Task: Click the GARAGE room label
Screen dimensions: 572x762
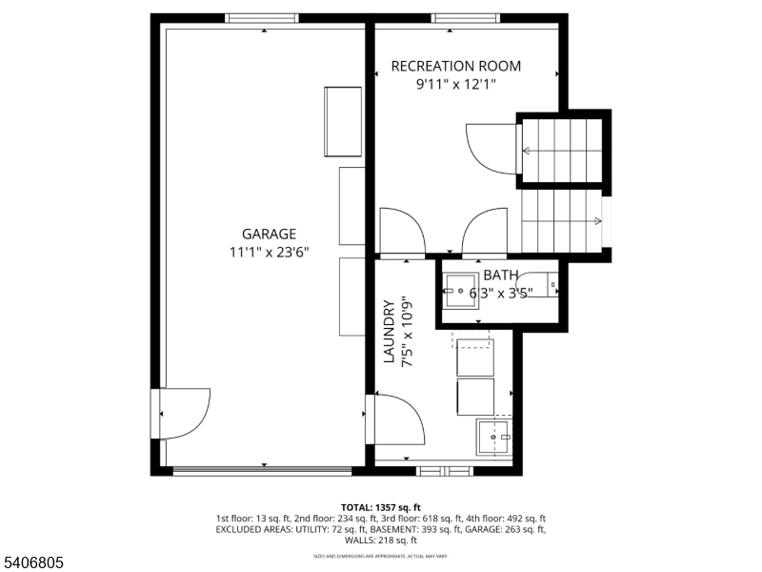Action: coord(269,234)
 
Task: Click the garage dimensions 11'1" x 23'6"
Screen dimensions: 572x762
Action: coord(269,253)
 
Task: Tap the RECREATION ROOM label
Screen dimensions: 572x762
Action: coord(456,66)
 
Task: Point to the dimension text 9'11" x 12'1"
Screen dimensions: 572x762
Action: coord(456,84)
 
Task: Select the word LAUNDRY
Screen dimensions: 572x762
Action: coord(389,333)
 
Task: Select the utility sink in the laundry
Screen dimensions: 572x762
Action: coord(494,438)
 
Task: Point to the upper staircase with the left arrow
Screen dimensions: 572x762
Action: coord(562,150)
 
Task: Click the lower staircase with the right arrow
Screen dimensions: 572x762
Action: coord(562,220)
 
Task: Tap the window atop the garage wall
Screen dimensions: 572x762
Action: coord(262,17)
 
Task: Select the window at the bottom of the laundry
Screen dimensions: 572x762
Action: coord(445,470)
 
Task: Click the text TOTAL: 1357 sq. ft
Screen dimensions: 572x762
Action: coord(381,507)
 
